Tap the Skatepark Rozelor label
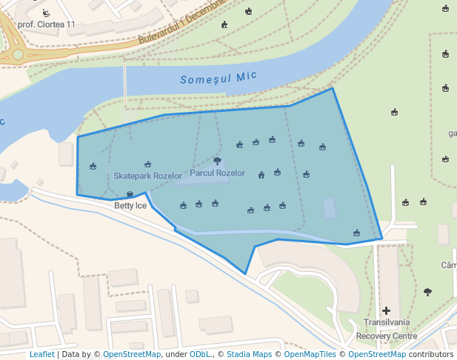click(147, 176)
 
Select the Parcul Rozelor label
click(217, 173)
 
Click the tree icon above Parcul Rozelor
click(217, 161)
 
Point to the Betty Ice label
click(130, 206)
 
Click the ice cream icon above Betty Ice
click(130, 194)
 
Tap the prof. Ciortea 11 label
click(46, 24)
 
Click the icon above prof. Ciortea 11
click(47, 12)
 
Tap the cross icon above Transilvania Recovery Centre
click(386, 310)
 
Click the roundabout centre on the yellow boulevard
click(18, 54)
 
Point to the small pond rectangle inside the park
click(329, 207)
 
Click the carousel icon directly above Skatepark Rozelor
click(147, 164)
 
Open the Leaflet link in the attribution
click(41, 355)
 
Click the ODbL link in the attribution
click(200, 355)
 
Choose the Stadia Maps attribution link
click(250, 355)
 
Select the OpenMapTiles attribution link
click(310, 355)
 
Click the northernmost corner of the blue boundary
click(332, 88)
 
